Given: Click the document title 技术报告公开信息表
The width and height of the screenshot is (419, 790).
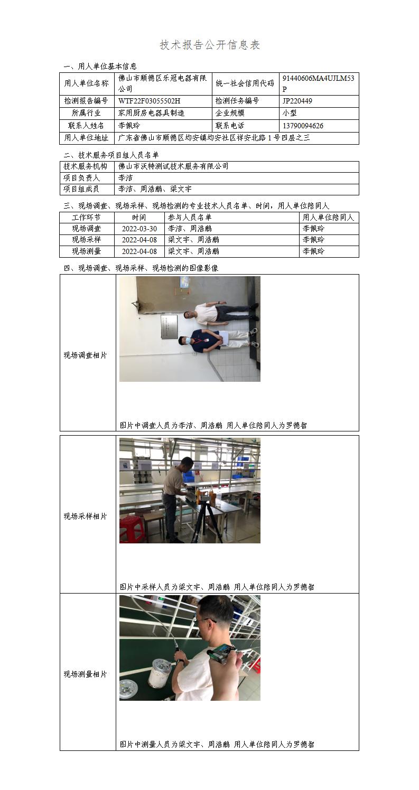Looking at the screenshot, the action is click(210, 45).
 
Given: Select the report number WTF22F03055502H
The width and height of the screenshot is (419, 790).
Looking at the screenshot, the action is click(150, 101).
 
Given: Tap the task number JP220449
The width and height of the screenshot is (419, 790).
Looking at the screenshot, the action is click(297, 101).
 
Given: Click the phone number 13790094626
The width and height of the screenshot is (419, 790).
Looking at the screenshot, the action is click(303, 126).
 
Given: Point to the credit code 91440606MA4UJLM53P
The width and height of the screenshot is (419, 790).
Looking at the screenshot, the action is click(318, 83).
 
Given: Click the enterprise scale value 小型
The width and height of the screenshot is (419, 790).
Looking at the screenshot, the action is click(290, 113).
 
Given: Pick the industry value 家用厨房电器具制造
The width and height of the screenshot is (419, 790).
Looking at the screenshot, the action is click(152, 113).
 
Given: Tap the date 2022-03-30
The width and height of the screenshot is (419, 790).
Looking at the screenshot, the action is click(139, 229).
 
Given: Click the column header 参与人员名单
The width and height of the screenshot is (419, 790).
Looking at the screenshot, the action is click(190, 217).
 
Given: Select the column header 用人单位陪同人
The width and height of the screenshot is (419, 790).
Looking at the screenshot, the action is click(328, 217).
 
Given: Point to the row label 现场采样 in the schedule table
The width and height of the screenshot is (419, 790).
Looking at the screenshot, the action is click(87, 240).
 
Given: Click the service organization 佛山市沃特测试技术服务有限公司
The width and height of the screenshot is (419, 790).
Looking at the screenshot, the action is click(173, 166).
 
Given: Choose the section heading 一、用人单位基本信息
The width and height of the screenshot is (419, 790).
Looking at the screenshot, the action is click(100, 67).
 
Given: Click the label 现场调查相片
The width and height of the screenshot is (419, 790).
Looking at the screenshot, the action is click(85, 355).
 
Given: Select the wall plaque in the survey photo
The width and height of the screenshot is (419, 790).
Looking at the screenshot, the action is click(169, 327).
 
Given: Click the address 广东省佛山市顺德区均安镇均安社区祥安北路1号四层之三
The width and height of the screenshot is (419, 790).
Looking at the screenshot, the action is click(214, 138).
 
